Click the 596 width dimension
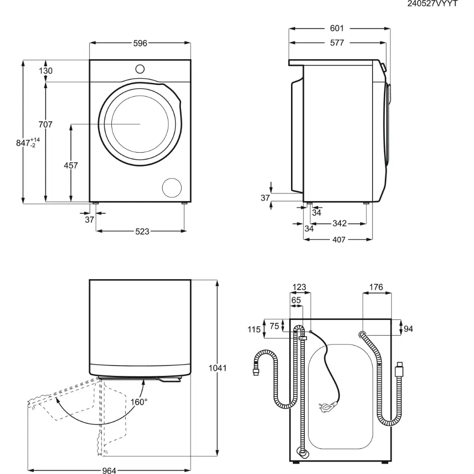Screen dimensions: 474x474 pos(140,43)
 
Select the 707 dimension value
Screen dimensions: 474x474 pos(45,125)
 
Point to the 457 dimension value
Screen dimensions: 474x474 pos(71,165)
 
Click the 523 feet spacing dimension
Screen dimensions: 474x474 pos(142,231)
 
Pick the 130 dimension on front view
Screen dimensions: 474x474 pos(46,71)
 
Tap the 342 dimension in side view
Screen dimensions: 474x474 pos(339,223)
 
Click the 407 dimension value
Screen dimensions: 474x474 pos(338,239)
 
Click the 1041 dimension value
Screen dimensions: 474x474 pos(218,368)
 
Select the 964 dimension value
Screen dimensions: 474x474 pos(109,471)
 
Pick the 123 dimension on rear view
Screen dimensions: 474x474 pos(299,287)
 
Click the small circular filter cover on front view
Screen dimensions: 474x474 pos(172,187)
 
